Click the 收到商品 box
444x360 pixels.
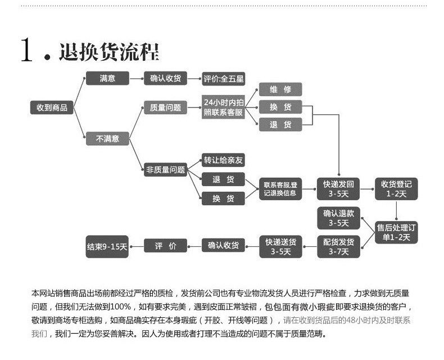point(52,107)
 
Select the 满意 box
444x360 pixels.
point(107,79)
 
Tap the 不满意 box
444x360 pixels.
point(107,138)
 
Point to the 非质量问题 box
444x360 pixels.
point(165,169)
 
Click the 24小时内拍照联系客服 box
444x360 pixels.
point(224,107)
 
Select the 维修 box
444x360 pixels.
point(280,89)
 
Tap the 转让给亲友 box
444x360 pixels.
point(224,160)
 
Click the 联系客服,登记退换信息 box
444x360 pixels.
point(280,189)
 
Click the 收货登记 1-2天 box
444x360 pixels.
point(396,189)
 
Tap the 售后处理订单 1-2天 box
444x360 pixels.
point(396,232)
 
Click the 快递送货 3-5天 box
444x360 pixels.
point(280,246)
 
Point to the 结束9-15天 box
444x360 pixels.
point(107,246)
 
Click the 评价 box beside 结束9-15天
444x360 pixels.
point(165,246)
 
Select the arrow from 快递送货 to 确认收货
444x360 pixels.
point(252,246)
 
